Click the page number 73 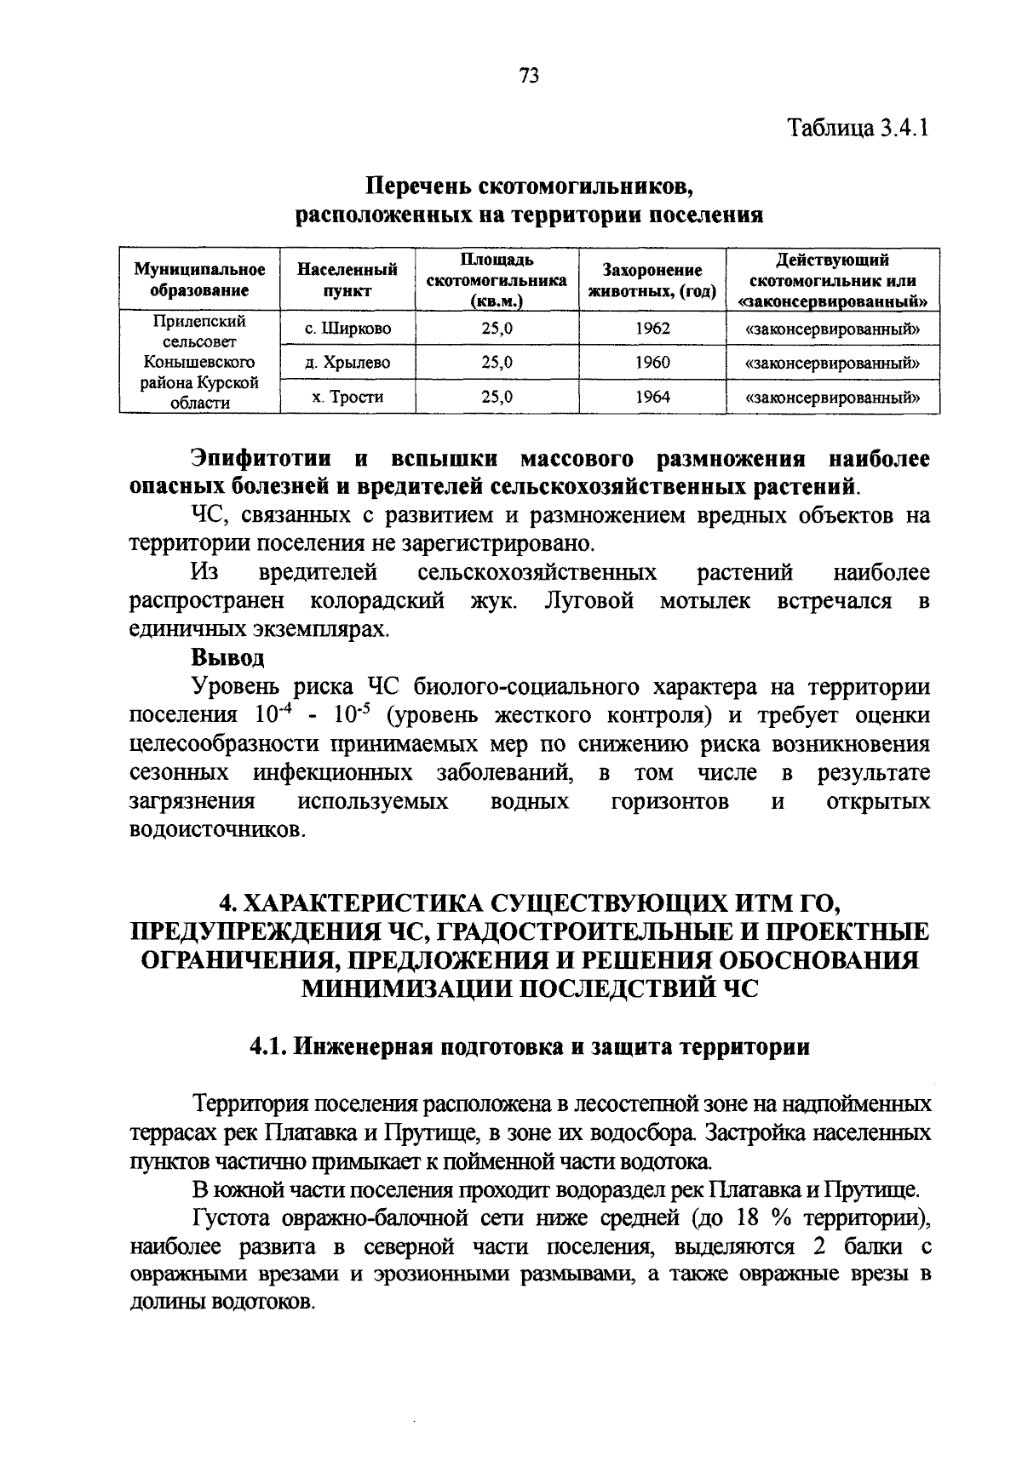pyautogui.click(x=529, y=76)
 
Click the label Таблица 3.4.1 pyautogui.click(x=857, y=129)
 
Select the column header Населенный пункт pyautogui.click(x=347, y=279)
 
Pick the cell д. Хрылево pyautogui.click(x=347, y=363)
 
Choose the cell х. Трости pyautogui.click(x=347, y=397)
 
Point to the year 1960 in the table pyautogui.click(x=652, y=363)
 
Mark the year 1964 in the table pyautogui.click(x=652, y=397)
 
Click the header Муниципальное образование pyautogui.click(x=199, y=279)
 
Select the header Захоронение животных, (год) pyautogui.click(x=652, y=279)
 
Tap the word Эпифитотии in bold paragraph pyautogui.click(x=261, y=459)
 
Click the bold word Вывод pyautogui.click(x=227, y=657)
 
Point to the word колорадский pyautogui.click(x=377, y=601)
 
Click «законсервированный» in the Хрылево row pyautogui.click(x=833, y=363)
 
